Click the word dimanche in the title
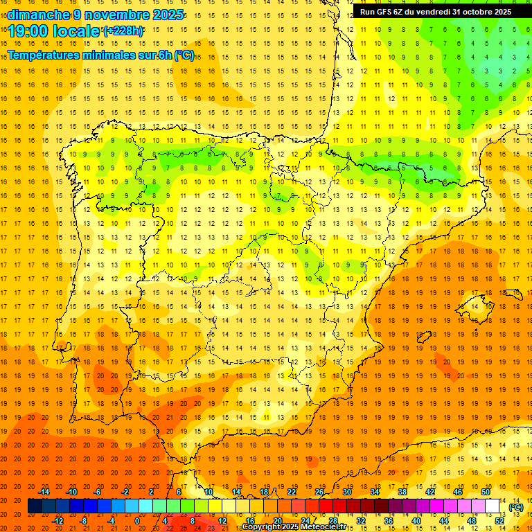coord(37,15)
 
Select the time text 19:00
coord(27,30)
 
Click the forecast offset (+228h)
coord(123,30)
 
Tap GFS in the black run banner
coord(383,12)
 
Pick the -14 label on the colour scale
coord(44,492)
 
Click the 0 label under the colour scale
coord(137,521)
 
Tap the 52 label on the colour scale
coord(500,521)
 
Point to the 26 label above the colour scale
coord(319,492)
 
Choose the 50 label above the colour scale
coord(486,492)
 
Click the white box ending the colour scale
coord(493,506)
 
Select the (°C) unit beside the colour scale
coord(516,507)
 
